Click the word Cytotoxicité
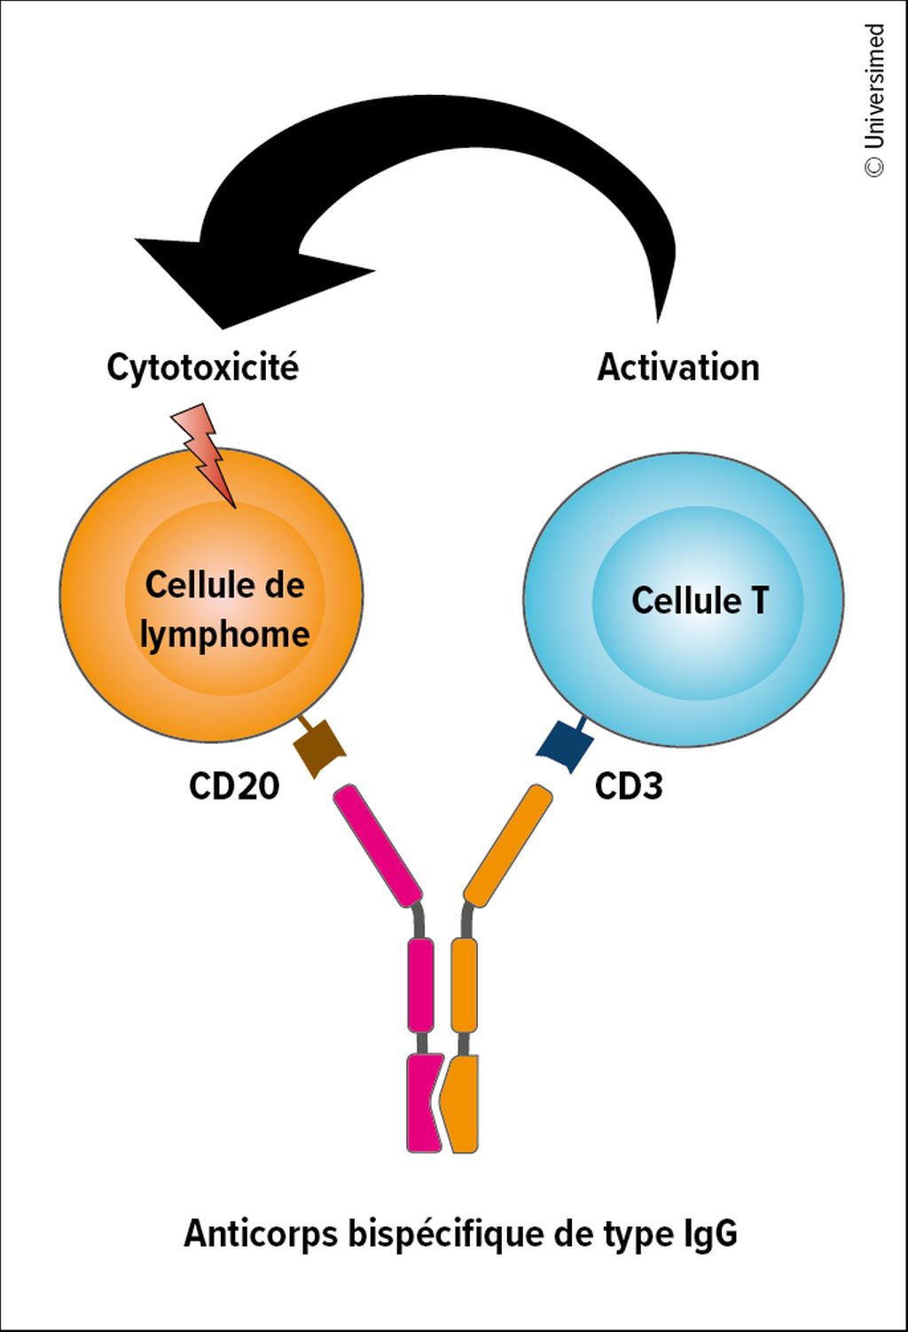(202, 367)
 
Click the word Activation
(678, 367)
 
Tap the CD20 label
(234, 786)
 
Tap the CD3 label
(629, 786)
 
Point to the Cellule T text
(700, 601)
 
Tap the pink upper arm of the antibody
(378, 846)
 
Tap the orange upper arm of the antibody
(508, 846)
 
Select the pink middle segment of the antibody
(420, 985)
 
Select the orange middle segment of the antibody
(465, 985)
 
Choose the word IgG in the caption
(710, 1234)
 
